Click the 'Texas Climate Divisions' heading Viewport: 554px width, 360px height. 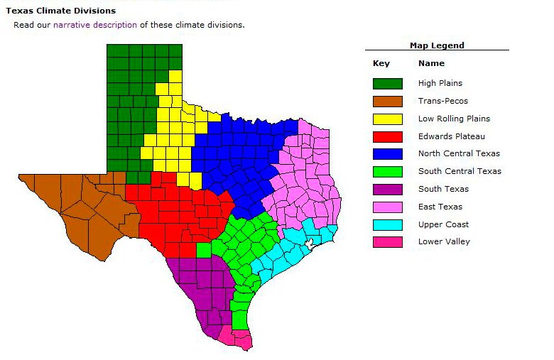(60, 11)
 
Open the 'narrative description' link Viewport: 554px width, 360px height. (95, 25)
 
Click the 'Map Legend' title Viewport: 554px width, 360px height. (437, 45)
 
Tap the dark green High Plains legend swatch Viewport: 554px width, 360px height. (387, 84)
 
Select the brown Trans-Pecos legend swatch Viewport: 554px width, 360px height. (387, 102)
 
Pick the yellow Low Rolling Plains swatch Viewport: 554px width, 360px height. (387, 119)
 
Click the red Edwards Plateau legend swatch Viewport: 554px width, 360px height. (387, 136)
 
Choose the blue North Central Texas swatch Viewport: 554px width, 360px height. (387, 154)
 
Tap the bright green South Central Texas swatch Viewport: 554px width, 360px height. (387, 172)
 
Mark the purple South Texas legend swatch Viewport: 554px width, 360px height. (387, 190)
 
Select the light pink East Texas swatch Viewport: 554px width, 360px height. (387, 207)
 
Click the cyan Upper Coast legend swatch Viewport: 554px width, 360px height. (387, 225)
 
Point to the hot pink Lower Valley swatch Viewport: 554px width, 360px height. (387, 242)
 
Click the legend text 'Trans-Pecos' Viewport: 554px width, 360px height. (442, 101)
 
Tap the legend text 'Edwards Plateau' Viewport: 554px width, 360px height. (451, 136)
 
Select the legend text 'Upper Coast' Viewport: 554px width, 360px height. (443, 224)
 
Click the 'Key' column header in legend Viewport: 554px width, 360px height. (381, 64)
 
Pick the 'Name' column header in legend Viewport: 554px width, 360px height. (431, 64)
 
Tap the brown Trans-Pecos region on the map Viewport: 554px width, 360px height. (78, 206)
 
